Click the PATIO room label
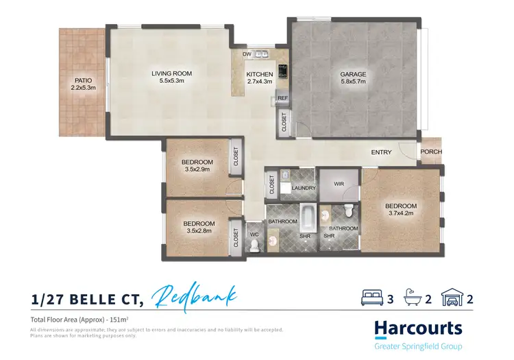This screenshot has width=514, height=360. tap(84, 80)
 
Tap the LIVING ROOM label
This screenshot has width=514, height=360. tap(171, 73)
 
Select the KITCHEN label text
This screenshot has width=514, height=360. tap(260, 74)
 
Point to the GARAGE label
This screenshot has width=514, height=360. tap(354, 74)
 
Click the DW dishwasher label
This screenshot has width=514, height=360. tap(246, 54)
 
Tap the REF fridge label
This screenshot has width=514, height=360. tap(283, 99)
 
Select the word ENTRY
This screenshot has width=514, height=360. tap(382, 152)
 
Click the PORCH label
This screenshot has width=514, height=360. tap(431, 152)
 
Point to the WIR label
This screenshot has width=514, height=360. tap(338, 184)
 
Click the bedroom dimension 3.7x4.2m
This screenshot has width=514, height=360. tap(400, 214)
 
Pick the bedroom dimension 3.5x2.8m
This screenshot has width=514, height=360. tap(198, 231)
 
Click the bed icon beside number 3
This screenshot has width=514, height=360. tap(371, 298)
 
